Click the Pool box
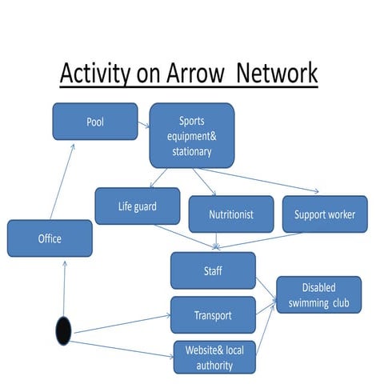click(x=95, y=122)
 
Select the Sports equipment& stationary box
click(x=191, y=134)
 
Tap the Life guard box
click(x=137, y=206)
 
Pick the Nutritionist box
click(x=230, y=214)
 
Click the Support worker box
click(x=324, y=214)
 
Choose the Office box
click(x=50, y=238)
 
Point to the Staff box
click(x=213, y=270)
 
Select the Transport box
click(x=213, y=314)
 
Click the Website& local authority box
click(x=214, y=358)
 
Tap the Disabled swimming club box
click(x=318, y=294)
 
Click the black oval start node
click(x=62, y=330)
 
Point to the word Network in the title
click(x=277, y=74)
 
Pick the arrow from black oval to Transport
click(x=120, y=322)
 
